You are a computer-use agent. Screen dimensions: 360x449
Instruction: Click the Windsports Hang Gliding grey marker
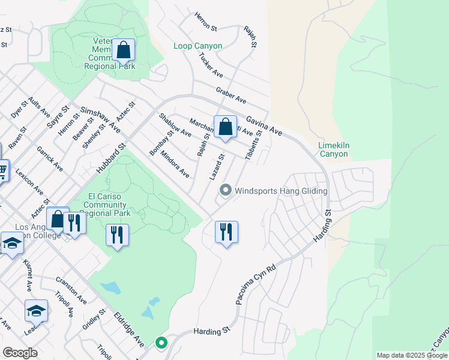click(226, 191)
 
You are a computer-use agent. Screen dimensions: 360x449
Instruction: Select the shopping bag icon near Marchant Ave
click(225, 127)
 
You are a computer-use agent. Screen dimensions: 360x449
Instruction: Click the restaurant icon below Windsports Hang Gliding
click(226, 232)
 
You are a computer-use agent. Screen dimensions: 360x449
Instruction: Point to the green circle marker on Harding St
click(161, 343)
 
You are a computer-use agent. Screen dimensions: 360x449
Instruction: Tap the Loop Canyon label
click(197, 46)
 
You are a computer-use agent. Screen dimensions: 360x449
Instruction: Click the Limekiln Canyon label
click(333, 149)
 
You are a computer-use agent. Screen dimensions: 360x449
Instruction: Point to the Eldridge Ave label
click(130, 329)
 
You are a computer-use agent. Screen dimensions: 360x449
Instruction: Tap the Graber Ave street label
click(231, 94)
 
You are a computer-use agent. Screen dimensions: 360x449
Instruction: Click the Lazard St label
click(217, 168)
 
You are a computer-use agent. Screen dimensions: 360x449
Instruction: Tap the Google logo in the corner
click(20, 352)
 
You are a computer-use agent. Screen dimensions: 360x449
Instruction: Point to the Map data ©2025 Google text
click(412, 355)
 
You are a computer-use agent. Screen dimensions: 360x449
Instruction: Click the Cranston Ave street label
click(71, 289)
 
